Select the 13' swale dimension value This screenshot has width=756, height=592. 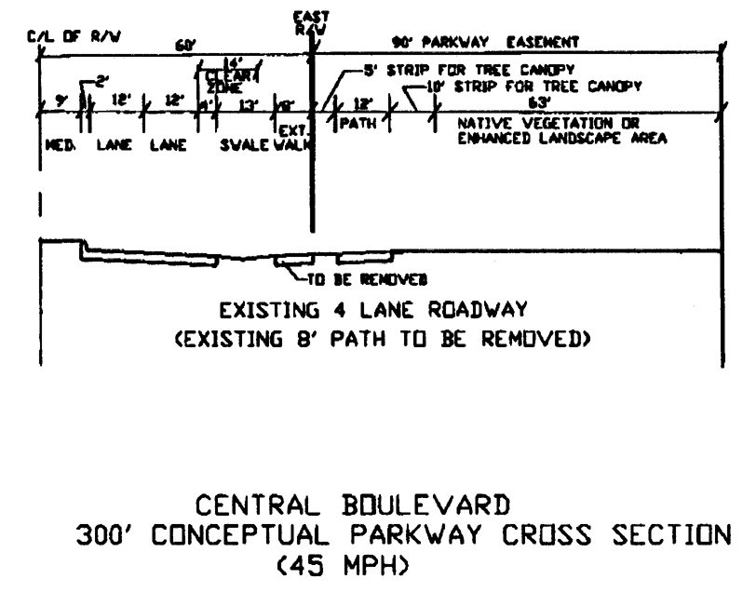(x=249, y=104)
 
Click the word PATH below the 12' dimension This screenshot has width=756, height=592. (x=358, y=123)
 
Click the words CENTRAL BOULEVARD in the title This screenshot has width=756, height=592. (x=354, y=507)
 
